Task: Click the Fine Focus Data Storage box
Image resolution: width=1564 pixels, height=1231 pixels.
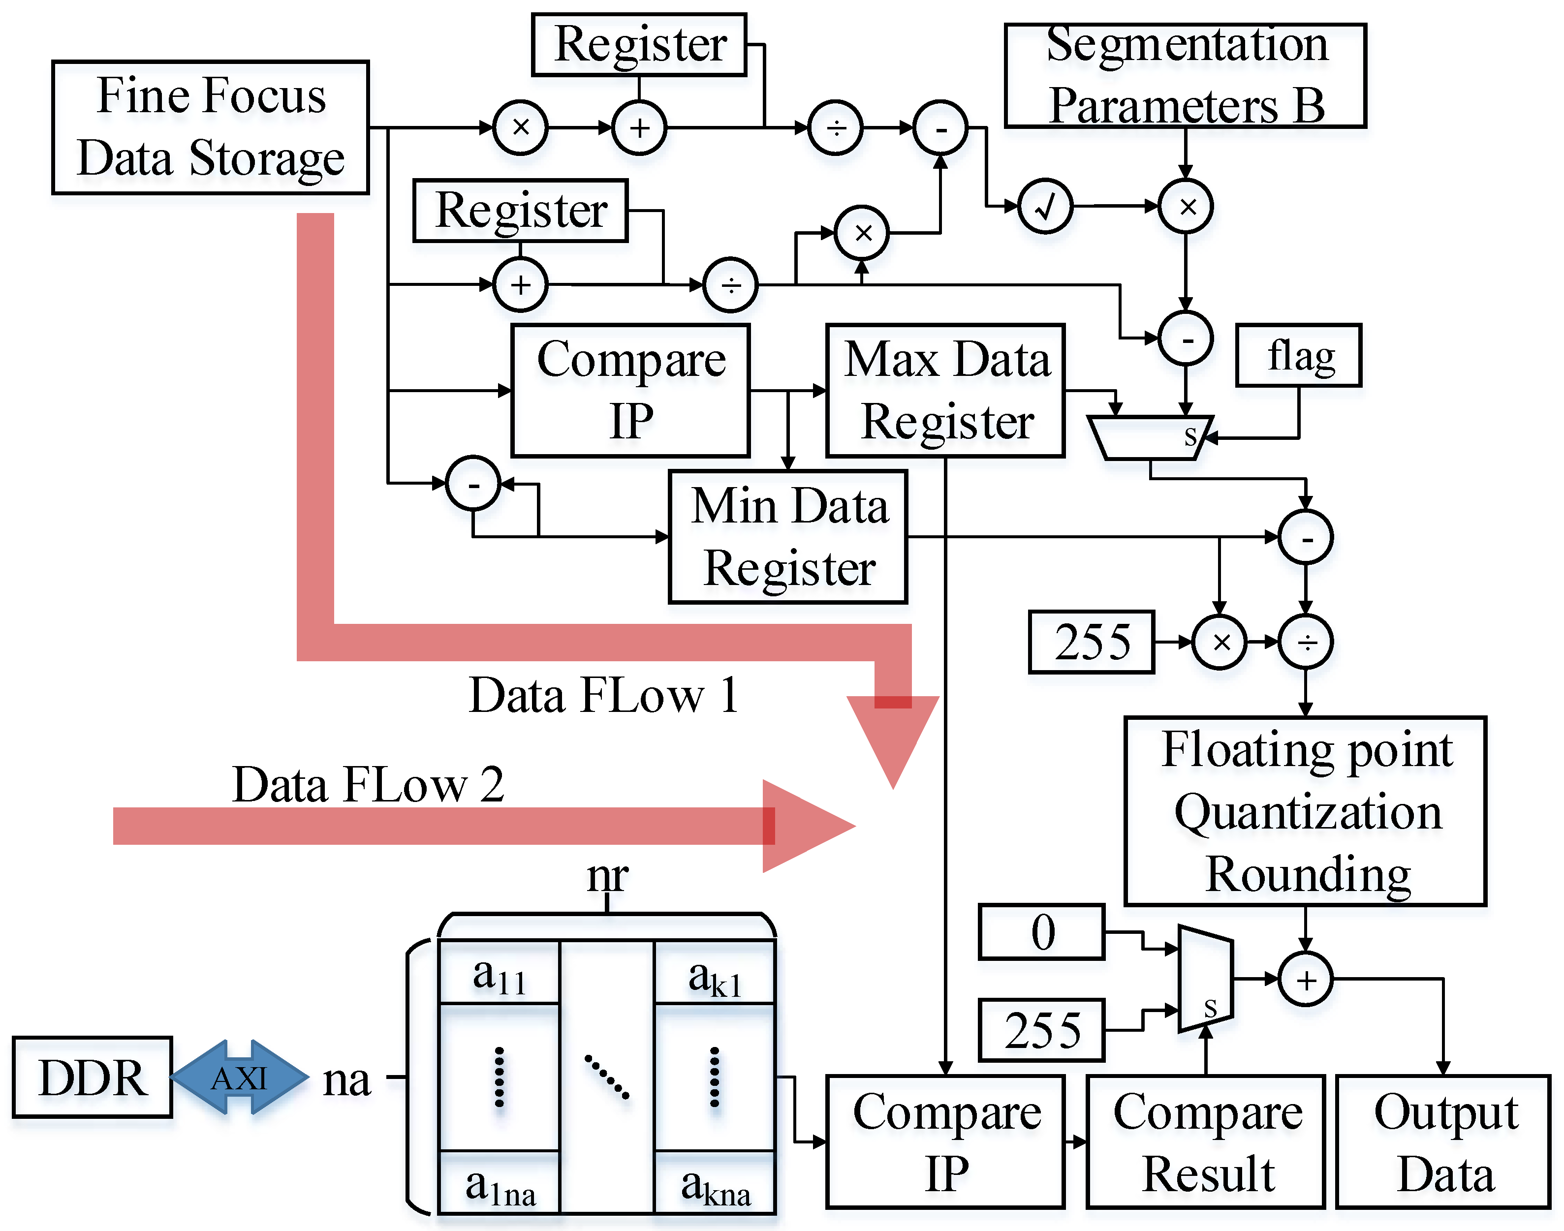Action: tap(211, 127)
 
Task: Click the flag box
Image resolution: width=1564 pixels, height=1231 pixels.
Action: tap(1298, 355)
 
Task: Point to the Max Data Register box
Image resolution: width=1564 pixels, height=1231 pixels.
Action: tap(945, 390)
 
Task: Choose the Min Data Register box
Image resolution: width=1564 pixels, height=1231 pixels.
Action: tap(788, 536)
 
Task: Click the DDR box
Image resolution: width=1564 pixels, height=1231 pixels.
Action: tap(92, 1077)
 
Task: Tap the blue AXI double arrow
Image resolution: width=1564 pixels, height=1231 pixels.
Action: tap(239, 1078)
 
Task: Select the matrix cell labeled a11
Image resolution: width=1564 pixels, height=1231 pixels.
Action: tap(499, 974)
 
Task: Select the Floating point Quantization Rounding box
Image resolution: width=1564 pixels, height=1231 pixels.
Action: tap(1305, 811)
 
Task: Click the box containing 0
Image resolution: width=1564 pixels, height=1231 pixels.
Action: tap(1041, 932)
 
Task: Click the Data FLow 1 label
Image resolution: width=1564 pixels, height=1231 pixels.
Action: tap(603, 696)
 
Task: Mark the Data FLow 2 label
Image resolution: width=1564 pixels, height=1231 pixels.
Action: tap(368, 784)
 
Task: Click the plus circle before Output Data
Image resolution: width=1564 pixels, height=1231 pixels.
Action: tap(1305, 980)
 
